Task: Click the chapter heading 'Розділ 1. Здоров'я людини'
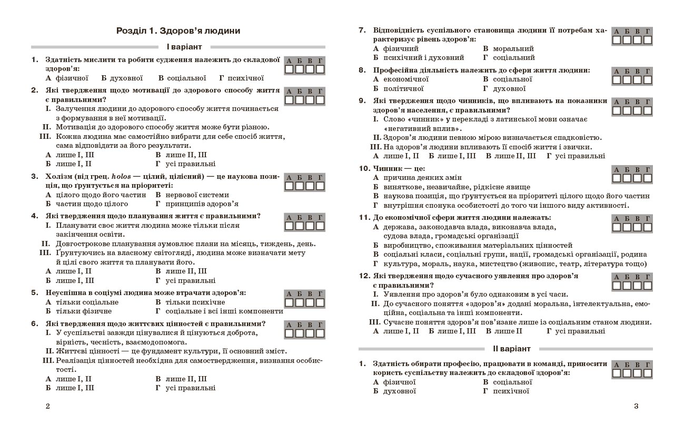tap(178, 31)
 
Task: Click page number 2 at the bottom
tap(48, 406)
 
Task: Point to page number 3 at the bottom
tap(636, 406)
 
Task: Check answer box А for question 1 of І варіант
tap(289, 69)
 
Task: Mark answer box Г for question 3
tap(320, 186)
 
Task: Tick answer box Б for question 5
tap(299, 302)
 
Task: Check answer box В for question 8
tap(637, 80)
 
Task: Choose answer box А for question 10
tap(617, 178)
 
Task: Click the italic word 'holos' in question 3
tap(121, 177)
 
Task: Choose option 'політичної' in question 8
tap(403, 89)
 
